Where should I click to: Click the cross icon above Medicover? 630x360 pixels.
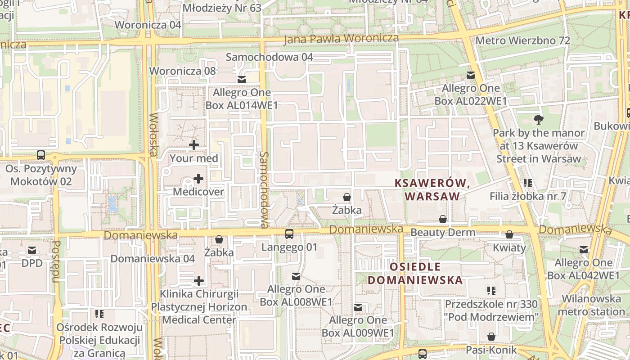click(198, 179)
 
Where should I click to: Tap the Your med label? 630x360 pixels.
click(194, 158)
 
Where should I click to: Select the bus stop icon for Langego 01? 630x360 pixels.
click(289, 234)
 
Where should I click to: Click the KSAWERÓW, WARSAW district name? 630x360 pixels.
click(432, 189)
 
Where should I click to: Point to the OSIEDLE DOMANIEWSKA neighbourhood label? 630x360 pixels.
click(415, 273)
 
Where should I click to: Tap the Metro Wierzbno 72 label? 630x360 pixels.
click(522, 40)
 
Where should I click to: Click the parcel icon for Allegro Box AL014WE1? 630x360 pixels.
click(242, 80)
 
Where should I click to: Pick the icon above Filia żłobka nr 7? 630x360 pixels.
click(528, 183)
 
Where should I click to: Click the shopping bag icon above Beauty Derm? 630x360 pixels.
click(443, 219)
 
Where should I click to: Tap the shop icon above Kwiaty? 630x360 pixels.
click(509, 234)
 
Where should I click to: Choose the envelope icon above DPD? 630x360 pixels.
click(32, 250)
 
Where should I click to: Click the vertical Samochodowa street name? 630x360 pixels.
click(264, 189)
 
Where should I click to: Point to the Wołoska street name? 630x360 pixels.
click(153, 135)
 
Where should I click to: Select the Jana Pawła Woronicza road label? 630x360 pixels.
click(341, 39)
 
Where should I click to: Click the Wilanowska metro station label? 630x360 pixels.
click(591, 305)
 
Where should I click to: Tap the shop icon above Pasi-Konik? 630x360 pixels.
click(491, 337)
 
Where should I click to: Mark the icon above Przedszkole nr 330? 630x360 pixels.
click(491, 291)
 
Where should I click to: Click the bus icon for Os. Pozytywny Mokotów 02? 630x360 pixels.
click(41, 155)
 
